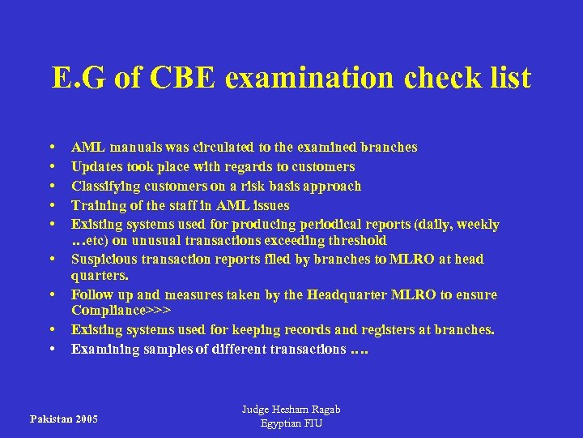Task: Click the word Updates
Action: click(x=96, y=166)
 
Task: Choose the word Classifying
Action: click(x=104, y=186)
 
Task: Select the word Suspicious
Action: click(x=101, y=259)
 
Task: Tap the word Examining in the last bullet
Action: click(x=102, y=349)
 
